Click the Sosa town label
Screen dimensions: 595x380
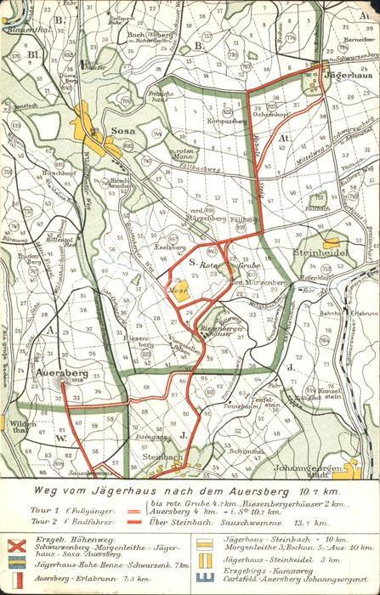point(122,131)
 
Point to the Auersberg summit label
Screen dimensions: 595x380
point(62,372)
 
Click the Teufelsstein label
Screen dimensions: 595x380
point(272,405)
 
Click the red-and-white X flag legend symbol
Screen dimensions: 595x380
point(15,546)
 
